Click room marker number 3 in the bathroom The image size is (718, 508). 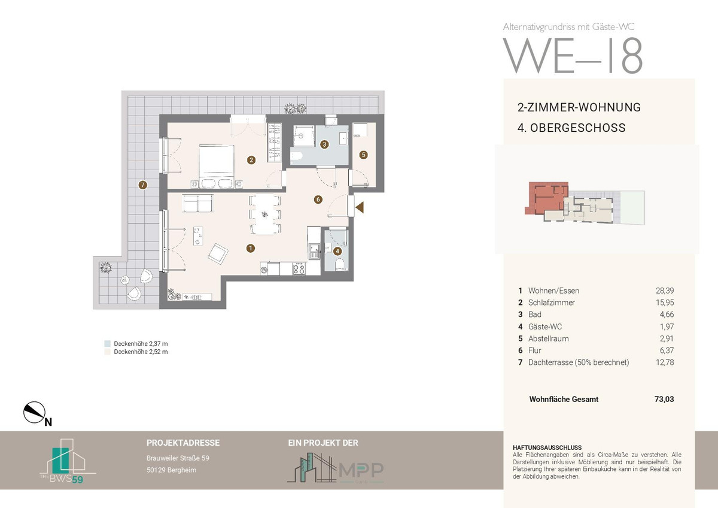324,144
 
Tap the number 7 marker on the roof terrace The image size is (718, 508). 142,185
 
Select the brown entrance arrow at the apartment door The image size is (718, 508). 360,207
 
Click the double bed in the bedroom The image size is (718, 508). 216,166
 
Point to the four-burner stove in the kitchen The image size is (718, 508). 299,268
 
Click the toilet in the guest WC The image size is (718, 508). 340,265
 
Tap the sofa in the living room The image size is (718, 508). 198,203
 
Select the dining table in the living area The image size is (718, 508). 264,214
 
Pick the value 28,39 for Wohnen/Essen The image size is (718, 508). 665,291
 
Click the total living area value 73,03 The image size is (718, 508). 664,399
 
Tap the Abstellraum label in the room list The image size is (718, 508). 549,338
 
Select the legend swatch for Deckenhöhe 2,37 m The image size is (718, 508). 107,344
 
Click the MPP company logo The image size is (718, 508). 335,468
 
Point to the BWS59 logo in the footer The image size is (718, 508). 68,461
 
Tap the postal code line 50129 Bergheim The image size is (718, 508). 172,470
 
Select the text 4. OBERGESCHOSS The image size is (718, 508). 571,128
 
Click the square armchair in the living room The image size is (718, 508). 218,253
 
